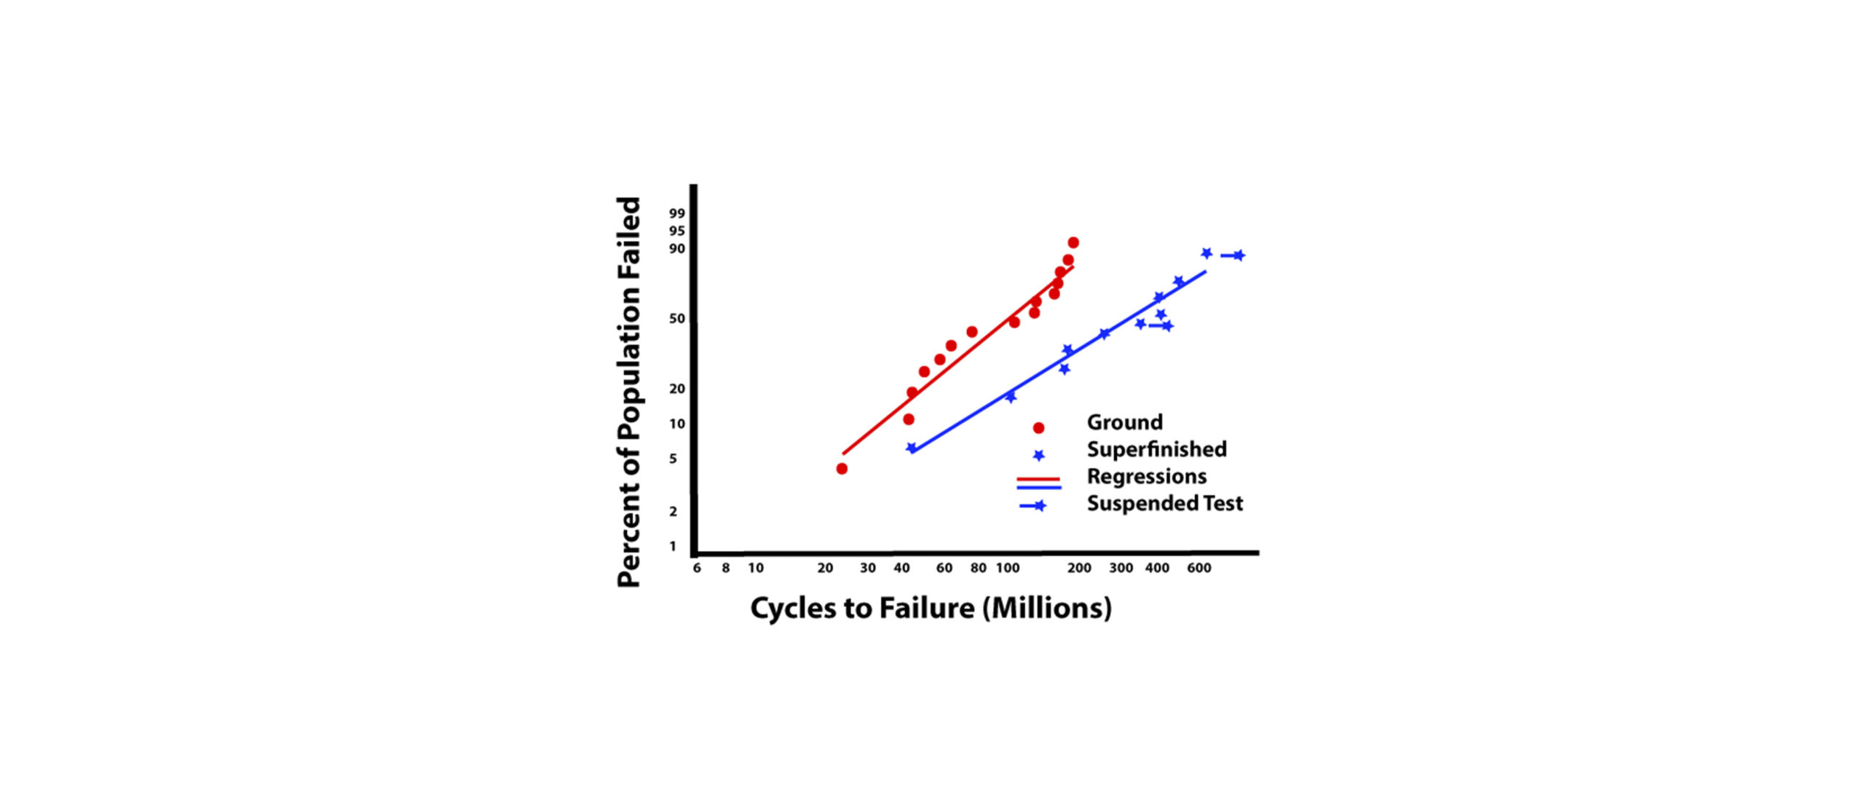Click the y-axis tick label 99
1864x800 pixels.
(x=677, y=213)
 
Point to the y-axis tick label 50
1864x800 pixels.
(x=677, y=319)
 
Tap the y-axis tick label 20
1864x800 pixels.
(x=677, y=389)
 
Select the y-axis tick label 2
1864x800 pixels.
(x=674, y=512)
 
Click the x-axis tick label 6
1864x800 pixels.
(x=697, y=568)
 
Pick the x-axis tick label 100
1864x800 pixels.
(x=1008, y=568)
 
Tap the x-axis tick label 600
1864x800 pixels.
(x=1199, y=568)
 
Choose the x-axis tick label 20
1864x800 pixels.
(x=825, y=568)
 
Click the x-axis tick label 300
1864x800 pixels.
(x=1121, y=568)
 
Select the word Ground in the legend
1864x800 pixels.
(x=1124, y=422)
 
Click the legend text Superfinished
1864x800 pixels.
(x=1156, y=449)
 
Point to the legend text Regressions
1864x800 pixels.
(x=1147, y=476)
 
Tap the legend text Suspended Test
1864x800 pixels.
(x=1165, y=503)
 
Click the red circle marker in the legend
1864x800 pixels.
(x=1039, y=428)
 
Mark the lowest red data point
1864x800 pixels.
(x=842, y=469)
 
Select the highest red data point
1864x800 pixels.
(x=1073, y=242)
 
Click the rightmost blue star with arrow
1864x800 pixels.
(x=1239, y=256)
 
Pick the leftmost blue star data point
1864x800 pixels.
(x=911, y=448)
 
